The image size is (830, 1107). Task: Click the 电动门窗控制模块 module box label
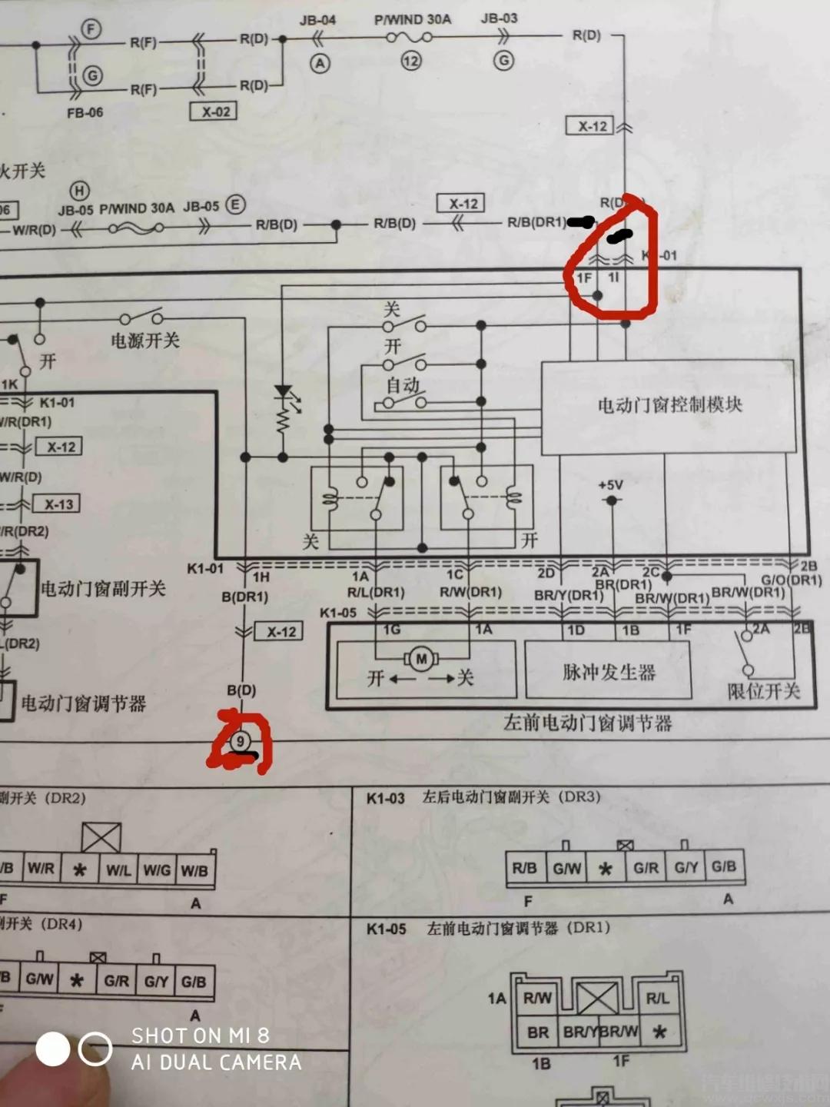(x=669, y=405)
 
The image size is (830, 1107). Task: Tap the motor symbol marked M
(x=421, y=658)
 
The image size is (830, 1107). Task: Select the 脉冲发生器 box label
(x=608, y=672)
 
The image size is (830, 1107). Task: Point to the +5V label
(x=610, y=485)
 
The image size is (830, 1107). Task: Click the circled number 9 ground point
(x=241, y=741)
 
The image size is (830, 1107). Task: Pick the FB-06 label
(x=85, y=112)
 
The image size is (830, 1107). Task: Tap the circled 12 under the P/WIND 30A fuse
(x=411, y=61)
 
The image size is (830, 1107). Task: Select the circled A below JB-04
(x=319, y=64)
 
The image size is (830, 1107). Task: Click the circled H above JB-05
(x=79, y=190)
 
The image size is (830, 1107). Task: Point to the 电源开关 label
(x=145, y=340)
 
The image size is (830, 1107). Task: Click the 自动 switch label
(x=402, y=384)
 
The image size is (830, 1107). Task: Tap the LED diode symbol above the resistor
(x=284, y=393)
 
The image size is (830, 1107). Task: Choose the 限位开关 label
(x=764, y=691)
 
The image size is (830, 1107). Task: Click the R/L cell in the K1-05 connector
(x=657, y=998)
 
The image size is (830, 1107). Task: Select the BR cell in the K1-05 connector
(x=538, y=1032)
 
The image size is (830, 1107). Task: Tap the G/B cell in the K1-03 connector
(x=723, y=867)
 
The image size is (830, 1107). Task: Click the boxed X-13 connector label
(x=58, y=504)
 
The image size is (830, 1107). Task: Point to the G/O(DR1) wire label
(x=791, y=580)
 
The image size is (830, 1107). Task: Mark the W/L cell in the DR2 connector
(x=118, y=870)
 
